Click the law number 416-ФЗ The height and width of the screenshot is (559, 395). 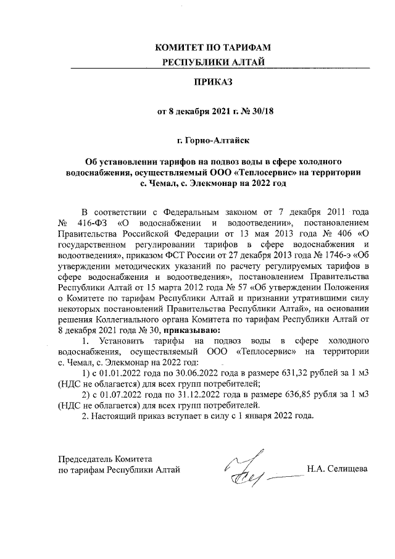click(91, 222)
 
